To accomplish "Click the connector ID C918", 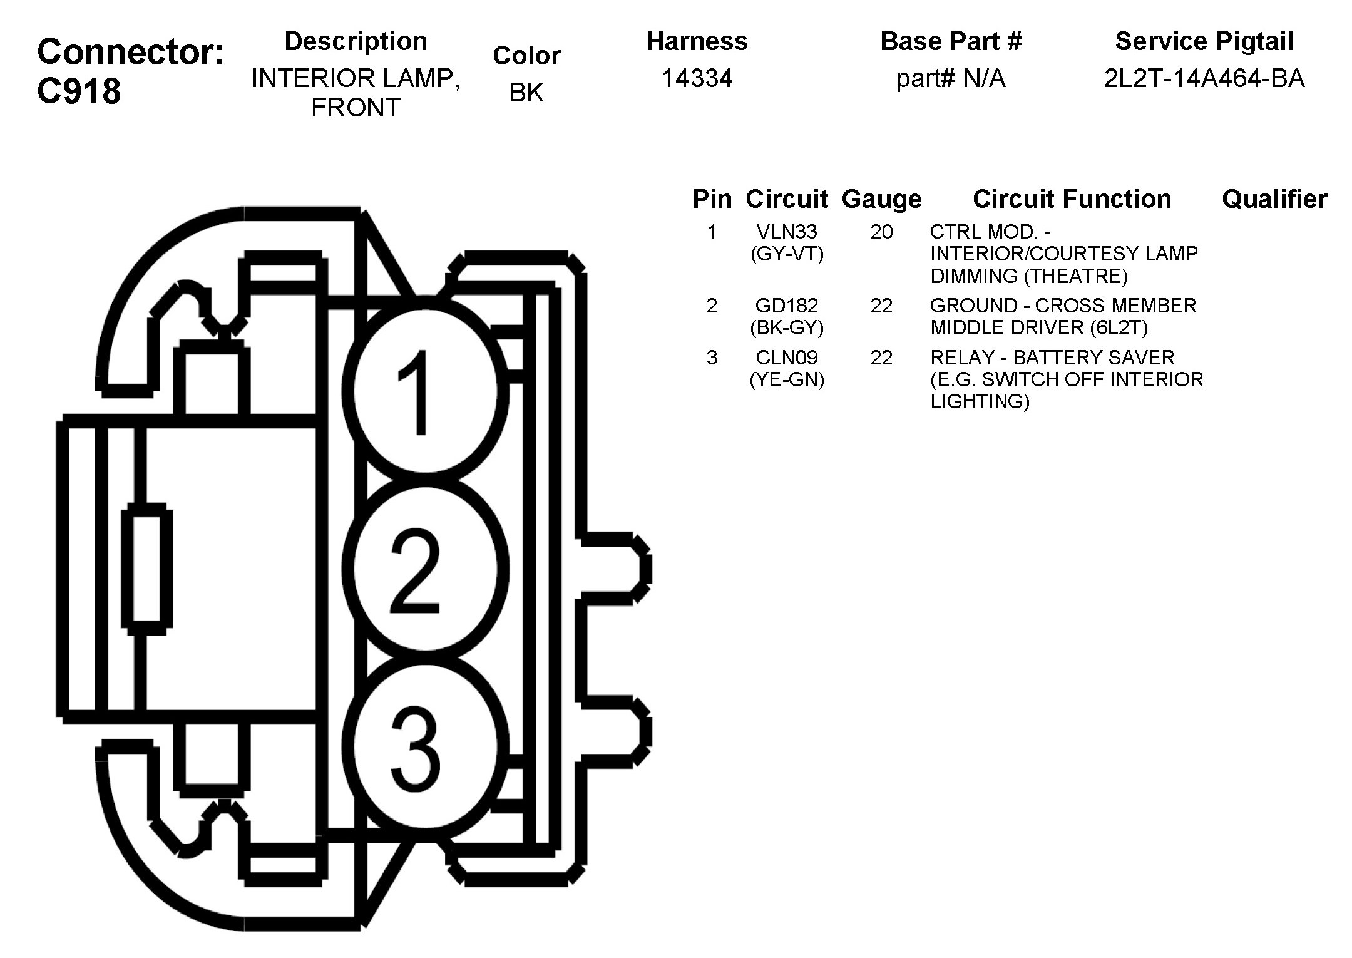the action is click(79, 91).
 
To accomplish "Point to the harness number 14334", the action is click(697, 78).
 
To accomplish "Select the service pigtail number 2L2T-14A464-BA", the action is click(1204, 78).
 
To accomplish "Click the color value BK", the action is click(526, 93).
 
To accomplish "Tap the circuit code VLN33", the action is click(787, 232).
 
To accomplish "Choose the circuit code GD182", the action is click(787, 306).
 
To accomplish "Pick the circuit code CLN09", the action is click(787, 358).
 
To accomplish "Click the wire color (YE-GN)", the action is click(787, 379).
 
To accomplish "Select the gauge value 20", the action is click(881, 232).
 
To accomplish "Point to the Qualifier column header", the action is click(1274, 199).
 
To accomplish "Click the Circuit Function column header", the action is click(1072, 199).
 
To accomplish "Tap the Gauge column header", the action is click(881, 199).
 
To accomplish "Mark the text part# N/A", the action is click(950, 78).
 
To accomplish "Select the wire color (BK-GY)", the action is click(787, 327).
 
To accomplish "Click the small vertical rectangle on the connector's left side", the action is click(147, 569).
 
